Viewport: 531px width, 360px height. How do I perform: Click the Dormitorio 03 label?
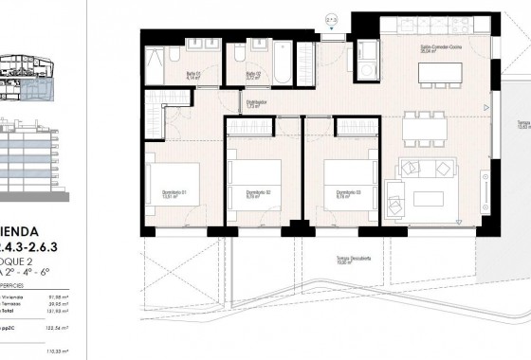click(x=338, y=193)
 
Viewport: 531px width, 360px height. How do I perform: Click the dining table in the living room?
click(x=431, y=123)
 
